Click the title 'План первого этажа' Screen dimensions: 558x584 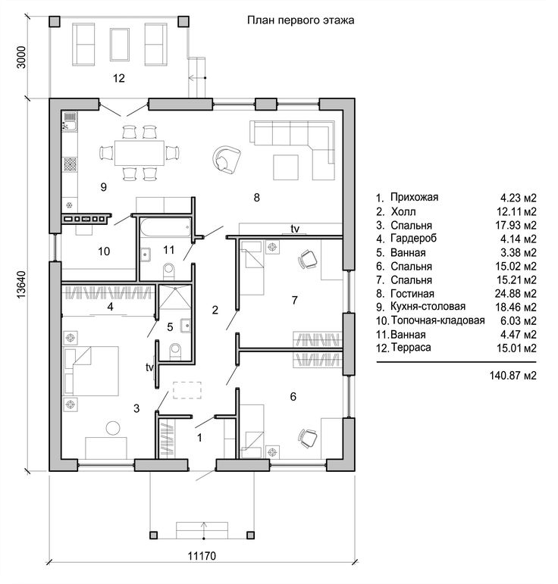click(300, 20)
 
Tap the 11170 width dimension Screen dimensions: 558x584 click(202, 556)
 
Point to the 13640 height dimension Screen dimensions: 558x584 click(21, 284)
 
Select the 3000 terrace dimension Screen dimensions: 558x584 click(21, 57)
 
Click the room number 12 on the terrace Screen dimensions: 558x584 click(118, 78)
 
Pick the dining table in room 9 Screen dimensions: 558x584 click(139, 153)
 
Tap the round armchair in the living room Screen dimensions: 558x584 click(226, 159)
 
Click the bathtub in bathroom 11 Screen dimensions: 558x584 click(166, 227)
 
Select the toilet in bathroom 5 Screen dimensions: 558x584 click(175, 351)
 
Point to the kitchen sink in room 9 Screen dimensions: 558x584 click(69, 121)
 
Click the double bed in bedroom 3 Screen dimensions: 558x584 click(91, 371)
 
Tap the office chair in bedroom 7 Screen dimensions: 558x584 click(307, 259)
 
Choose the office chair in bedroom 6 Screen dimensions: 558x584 click(308, 439)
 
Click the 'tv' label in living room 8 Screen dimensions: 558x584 click(295, 229)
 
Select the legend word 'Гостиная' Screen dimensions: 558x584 click(412, 294)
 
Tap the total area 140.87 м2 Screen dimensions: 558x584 click(513, 376)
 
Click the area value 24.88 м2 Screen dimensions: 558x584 click(516, 294)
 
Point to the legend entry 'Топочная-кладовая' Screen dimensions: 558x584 click(438, 320)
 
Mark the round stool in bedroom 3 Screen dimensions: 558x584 click(113, 427)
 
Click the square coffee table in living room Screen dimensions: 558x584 click(286, 167)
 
